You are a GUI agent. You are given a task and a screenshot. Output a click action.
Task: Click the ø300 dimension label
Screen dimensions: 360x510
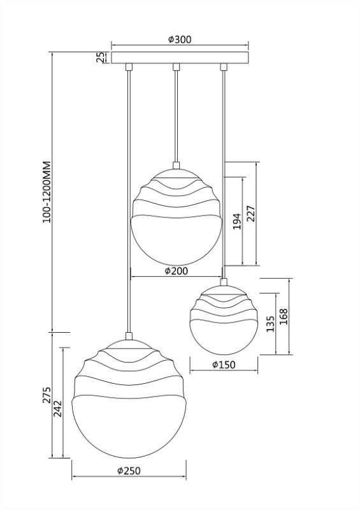180,40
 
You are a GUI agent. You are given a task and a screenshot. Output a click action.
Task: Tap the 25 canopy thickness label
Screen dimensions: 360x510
101,57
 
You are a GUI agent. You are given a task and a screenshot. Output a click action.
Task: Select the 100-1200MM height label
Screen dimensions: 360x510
47,192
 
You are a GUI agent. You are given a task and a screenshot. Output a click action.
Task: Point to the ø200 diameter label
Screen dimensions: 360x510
176,270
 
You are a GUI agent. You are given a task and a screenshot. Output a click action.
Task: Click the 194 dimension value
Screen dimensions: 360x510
237,221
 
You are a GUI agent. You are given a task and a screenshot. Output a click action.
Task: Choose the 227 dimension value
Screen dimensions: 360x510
251,214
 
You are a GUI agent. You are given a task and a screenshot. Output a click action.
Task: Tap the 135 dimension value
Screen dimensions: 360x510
271,324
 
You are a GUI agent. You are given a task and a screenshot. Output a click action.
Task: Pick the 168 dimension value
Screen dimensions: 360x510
284,316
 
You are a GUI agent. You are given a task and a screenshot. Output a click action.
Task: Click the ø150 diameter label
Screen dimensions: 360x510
224,365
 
